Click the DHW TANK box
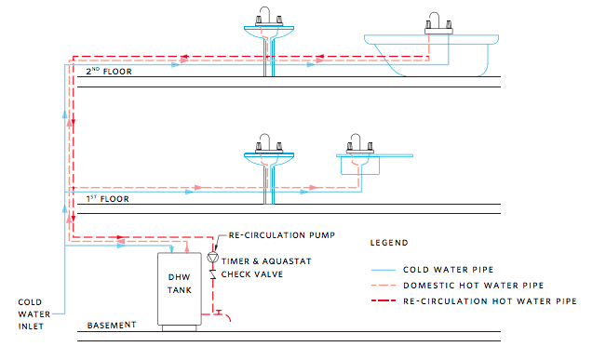[x=180, y=289]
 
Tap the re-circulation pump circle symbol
[x=213, y=258]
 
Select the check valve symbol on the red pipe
[x=212, y=274]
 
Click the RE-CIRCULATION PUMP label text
[x=282, y=235]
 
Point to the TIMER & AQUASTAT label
[x=266, y=261]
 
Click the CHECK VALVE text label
[x=252, y=274]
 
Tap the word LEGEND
[x=389, y=243]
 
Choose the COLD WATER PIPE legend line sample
[x=384, y=270]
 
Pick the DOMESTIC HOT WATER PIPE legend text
[x=474, y=286]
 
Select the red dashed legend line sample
[x=384, y=300]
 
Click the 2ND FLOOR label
[x=109, y=71]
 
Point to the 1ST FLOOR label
[x=107, y=198]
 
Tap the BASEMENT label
[x=112, y=326]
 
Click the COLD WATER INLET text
[x=34, y=314]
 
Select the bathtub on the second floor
[x=431, y=55]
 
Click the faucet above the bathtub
[x=438, y=23]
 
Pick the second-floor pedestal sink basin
[x=269, y=32]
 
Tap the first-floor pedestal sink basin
[x=269, y=159]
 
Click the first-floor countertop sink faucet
[x=360, y=144]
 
